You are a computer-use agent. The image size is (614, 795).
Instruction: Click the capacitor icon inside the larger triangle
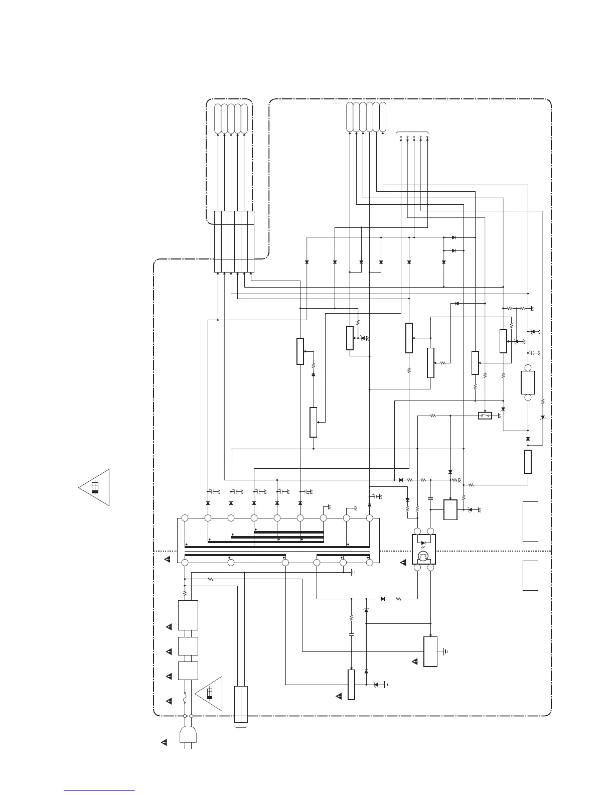click(x=95, y=487)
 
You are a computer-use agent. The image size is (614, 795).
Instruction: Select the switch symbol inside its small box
click(x=485, y=416)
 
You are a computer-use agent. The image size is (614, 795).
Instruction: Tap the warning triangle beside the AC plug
click(x=164, y=742)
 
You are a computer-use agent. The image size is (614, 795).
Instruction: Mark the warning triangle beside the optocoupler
click(x=403, y=563)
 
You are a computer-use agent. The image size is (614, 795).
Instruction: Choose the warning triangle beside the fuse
click(x=169, y=700)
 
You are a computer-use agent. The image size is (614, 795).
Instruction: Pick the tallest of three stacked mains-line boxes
click(x=188, y=615)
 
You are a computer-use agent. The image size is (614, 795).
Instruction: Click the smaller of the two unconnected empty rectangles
click(x=530, y=576)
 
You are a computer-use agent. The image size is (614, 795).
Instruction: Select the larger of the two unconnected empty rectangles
click(x=530, y=521)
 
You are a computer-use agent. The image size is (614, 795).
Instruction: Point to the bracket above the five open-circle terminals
click(x=413, y=131)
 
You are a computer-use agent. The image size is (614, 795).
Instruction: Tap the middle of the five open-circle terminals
click(x=414, y=137)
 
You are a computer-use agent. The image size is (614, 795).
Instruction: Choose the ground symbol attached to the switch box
click(x=499, y=416)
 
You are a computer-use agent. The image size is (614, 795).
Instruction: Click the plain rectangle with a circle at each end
click(x=528, y=383)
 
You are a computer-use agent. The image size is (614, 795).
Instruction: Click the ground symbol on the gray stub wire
click(x=542, y=418)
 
